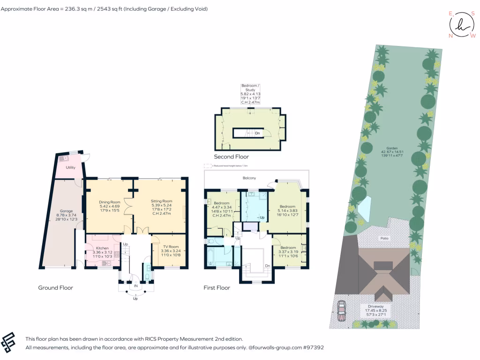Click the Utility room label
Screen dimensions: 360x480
pos(70,167)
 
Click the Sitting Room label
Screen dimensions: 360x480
pos(161,201)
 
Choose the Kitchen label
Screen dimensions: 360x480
pos(102,248)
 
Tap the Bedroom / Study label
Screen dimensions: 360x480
pos(250,86)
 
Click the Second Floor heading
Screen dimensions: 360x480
pos(231,157)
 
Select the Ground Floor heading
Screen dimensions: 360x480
pos(55,287)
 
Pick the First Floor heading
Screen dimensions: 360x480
pos(217,287)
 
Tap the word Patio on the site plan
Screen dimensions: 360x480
pos(384,239)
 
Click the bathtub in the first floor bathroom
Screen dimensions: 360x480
pos(218,257)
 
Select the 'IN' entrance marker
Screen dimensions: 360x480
pos(135,285)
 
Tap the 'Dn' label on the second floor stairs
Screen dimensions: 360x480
pos(257,133)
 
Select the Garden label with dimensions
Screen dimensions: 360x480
pos(392,148)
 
